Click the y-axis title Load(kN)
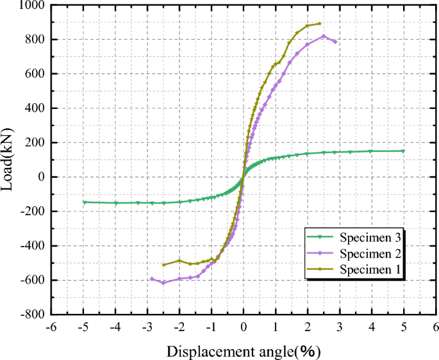pyautogui.click(x=11, y=159)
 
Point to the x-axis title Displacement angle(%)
pyautogui.click(x=244, y=350)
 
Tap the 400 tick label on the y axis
pyautogui.click(x=33, y=108)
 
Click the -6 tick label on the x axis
pyautogui.click(x=51, y=327)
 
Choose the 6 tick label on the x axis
pyautogui.click(x=436, y=327)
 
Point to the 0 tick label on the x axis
pyautogui.click(x=244, y=327)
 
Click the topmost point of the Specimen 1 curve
pyautogui.click(x=320, y=24)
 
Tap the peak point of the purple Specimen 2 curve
pyautogui.click(x=324, y=36)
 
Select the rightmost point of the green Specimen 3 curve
pyautogui.click(x=403, y=151)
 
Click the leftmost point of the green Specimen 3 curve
pyautogui.click(x=84, y=202)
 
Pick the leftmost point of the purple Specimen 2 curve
pyautogui.click(x=152, y=279)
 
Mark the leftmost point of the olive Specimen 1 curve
pyautogui.click(x=163, y=265)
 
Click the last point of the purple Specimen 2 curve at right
pyautogui.click(x=335, y=42)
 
